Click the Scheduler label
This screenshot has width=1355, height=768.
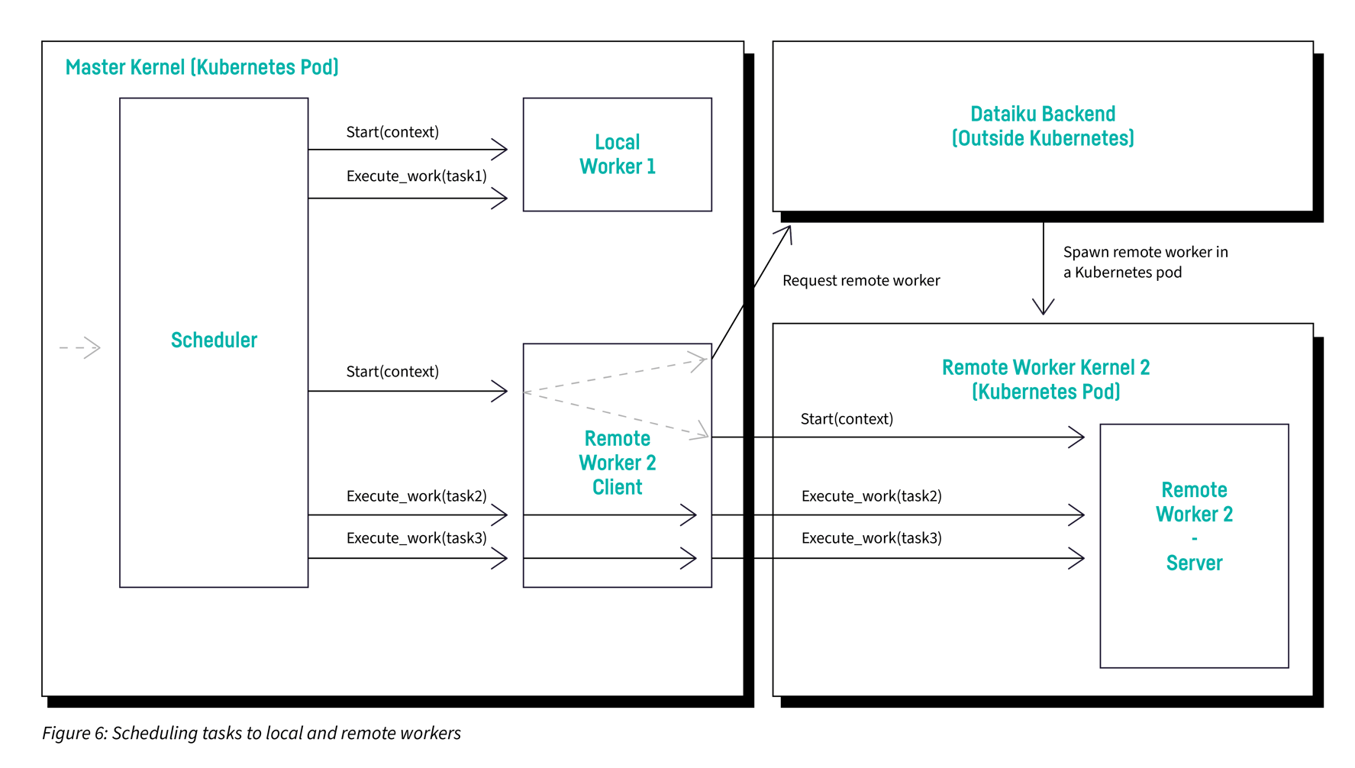214,340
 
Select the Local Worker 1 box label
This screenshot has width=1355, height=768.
617,154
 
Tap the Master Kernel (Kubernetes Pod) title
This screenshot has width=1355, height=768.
202,67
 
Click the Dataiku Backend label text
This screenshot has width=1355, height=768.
1042,126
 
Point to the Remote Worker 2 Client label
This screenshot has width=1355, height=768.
617,463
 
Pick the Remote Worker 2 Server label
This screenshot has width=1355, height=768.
1194,526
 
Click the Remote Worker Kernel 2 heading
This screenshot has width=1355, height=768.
1045,379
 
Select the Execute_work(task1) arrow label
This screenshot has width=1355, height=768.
416,176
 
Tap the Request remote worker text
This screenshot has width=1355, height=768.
860,281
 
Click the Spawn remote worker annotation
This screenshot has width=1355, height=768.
1144,262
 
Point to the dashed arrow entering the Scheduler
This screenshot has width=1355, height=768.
81,348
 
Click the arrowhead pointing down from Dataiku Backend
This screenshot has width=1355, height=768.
1043,308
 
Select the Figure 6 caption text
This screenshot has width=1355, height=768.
251,734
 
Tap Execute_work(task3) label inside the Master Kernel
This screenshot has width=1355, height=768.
416,538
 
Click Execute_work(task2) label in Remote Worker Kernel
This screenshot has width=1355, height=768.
871,496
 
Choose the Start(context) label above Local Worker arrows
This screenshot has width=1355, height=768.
392,132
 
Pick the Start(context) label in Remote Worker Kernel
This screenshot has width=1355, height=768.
846,419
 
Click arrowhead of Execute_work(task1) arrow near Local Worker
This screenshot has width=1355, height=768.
500,199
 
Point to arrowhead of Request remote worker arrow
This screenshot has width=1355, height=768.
786,232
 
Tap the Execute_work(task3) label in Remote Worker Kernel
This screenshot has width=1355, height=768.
871,538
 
